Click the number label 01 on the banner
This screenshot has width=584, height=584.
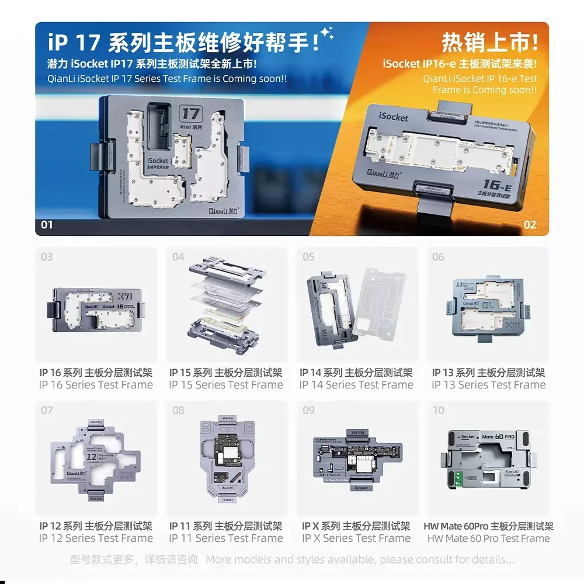[47, 225]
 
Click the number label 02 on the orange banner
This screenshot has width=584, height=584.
[530, 225]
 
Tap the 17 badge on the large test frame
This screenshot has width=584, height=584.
[191, 113]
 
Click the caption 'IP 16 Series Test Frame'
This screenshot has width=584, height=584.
[96, 385]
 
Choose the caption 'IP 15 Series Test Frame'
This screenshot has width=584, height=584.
[226, 385]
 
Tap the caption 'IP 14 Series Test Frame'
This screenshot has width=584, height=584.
[356, 385]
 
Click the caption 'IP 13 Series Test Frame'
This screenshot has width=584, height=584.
[488, 385]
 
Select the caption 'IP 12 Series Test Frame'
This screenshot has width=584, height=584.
[96, 538]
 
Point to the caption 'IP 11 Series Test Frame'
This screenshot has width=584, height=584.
[226, 538]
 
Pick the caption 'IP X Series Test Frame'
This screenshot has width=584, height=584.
[356, 538]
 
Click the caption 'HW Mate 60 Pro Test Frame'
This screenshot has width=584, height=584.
[488, 538]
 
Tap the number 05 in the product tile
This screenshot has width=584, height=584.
[308, 257]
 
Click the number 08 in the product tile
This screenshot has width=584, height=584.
[178, 411]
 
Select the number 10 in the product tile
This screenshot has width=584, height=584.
[438, 411]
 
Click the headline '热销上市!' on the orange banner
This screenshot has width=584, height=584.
[489, 43]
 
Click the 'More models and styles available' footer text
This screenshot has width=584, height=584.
[360, 559]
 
